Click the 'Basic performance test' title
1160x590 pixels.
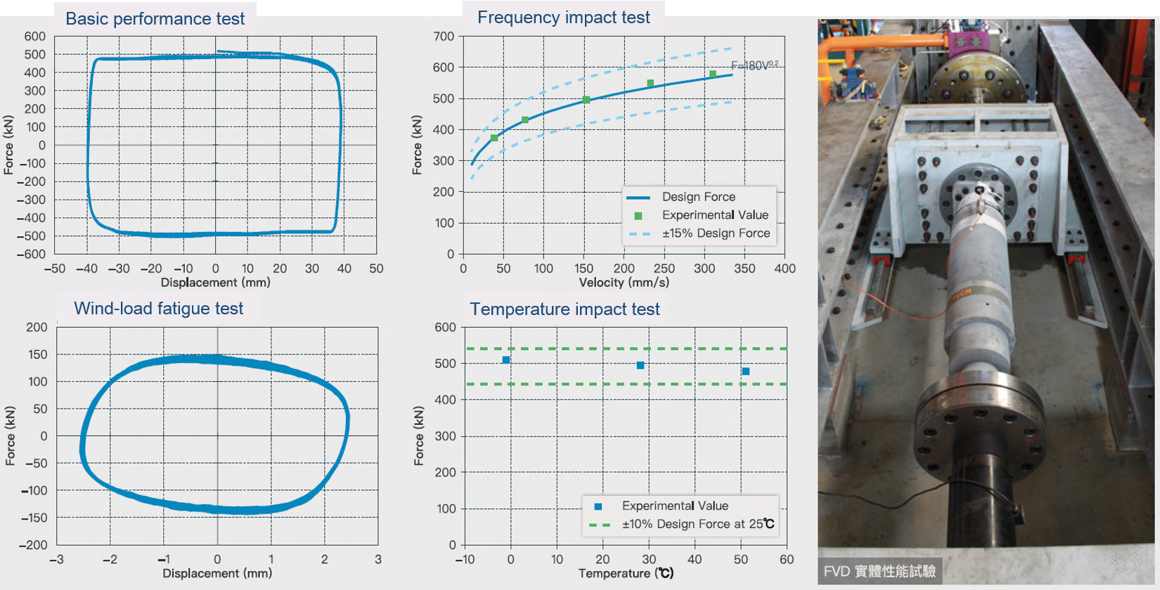click(155, 18)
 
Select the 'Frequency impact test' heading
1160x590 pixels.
click(563, 18)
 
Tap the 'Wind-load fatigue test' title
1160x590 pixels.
click(158, 308)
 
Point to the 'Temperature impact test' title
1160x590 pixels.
click(565, 309)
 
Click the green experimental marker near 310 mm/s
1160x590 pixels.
click(713, 74)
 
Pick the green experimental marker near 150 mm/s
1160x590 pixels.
click(586, 100)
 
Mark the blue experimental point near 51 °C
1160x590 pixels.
click(746, 371)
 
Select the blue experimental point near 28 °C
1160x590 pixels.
click(640, 365)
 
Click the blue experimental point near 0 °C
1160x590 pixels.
click(506, 360)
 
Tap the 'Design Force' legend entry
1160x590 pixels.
click(698, 197)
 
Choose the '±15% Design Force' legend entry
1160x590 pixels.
click(716, 233)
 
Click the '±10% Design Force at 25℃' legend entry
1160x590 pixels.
click(697, 524)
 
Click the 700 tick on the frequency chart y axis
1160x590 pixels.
click(444, 37)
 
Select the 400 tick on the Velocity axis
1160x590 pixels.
click(785, 269)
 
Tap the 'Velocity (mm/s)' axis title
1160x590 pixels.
click(624, 283)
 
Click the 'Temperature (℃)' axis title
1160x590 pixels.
click(626, 573)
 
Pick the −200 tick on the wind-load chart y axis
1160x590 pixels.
click(32, 545)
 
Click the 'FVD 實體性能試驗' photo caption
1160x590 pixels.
click(879, 571)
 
